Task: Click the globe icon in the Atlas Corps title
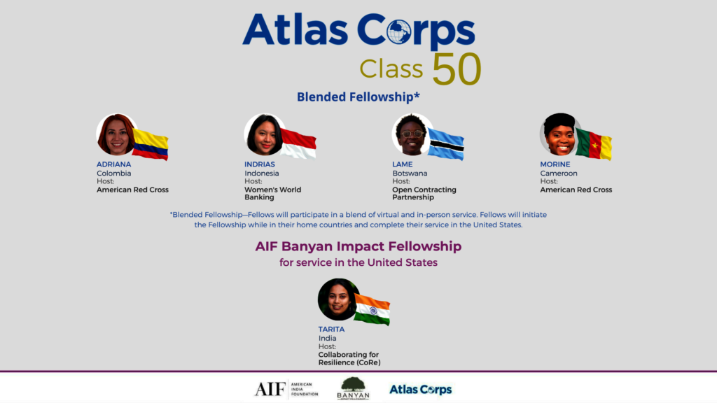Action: (x=398, y=31)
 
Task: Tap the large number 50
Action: (x=457, y=69)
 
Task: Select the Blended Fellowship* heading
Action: (x=358, y=97)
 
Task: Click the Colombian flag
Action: (x=151, y=145)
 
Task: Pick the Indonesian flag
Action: (x=298, y=143)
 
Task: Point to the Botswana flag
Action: (x=446, y=144)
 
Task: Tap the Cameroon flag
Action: (x=594, y=144)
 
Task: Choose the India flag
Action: (x=373, y=309)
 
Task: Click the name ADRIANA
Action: (x=114, y=164)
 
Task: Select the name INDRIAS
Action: (x=260, y=164)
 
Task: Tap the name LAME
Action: (x=403, y=164)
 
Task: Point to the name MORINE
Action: (x=555, y=164)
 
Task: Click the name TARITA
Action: (x=331, y=330)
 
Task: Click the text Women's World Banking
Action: (x=273, y=193)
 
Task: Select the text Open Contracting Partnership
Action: (x=424, y=193)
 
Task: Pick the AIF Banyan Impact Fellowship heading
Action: (x=358, y=246)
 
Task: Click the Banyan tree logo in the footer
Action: (x=353, y=388)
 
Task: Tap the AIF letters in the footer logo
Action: (x=270, y=389)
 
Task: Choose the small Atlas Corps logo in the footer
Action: (x=421, y=390)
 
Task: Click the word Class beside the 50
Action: (x=391, y=69)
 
